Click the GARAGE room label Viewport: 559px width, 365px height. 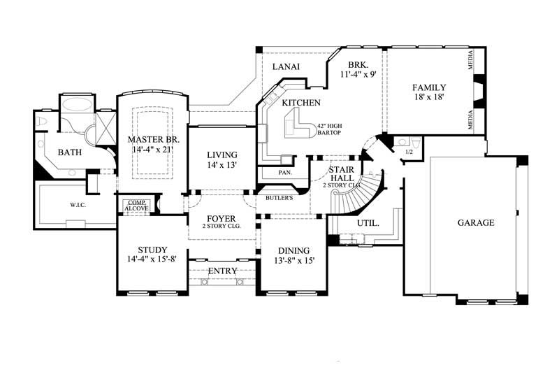click(x=476, y=223)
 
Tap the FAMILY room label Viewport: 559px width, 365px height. click(x=429, y=87)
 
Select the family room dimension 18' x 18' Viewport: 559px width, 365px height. click(x=429, y=98)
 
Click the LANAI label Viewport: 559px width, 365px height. click(x=286, y=67)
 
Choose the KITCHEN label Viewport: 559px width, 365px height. click(x=301, y=103)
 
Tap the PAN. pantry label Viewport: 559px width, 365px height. click(x=285, y=172)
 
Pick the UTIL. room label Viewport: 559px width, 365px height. click(x=368, y=224)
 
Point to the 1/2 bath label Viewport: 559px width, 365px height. click(x=410, y=151)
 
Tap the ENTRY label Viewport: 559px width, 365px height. click(x=223, y=271)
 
